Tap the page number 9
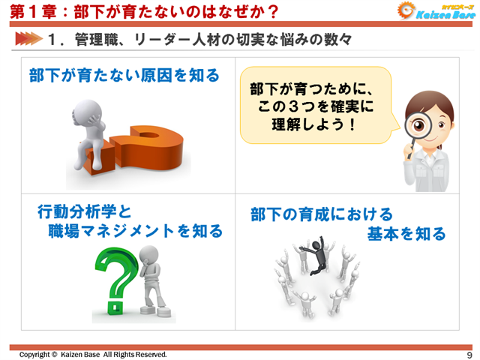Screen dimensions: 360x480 [469, 355]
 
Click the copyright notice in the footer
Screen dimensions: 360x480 [93, 355]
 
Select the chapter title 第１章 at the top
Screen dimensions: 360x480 [28, 11]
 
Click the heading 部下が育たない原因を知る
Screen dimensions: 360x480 [124, 75]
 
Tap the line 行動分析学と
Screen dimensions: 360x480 [84, 211]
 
